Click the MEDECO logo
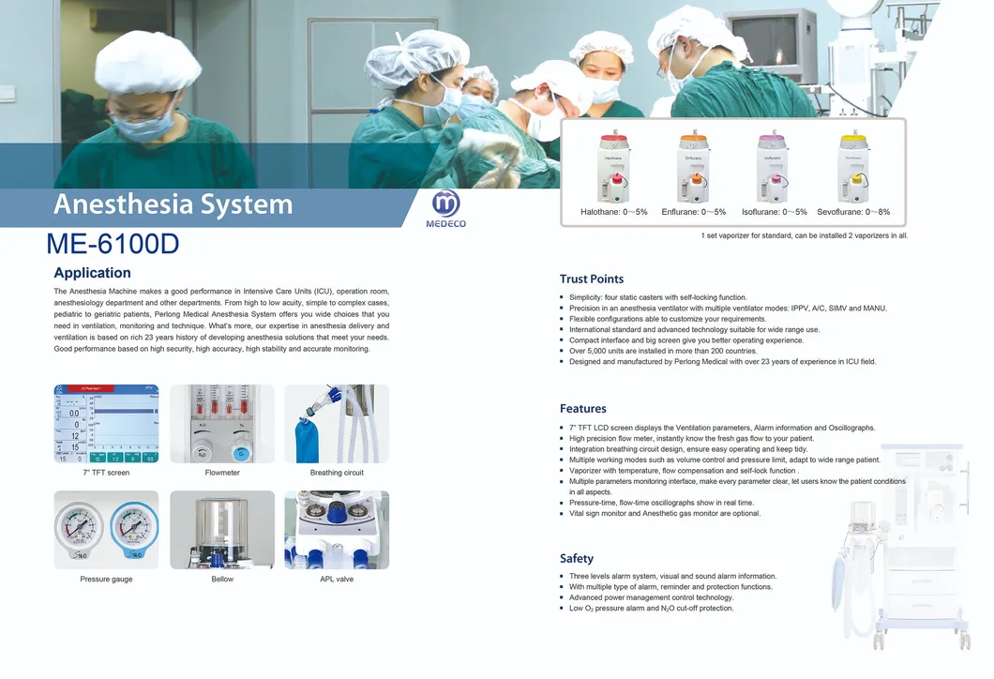(x=448, y=208)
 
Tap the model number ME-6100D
(x=113, y=244)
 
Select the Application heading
(x=92, y=273)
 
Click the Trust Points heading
(x=591, y=279)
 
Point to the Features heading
(x=582, y=409)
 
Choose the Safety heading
(x=576, y=558)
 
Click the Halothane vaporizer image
(x=614, y=168)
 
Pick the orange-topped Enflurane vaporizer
(x=694, y=168)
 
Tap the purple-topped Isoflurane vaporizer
(x=774, y=168)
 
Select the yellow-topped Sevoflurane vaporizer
(x=853, y=168)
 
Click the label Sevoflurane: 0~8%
(x=853, y=213)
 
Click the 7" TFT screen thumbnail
(x=106, y=424)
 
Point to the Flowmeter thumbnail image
(x=222, y=424)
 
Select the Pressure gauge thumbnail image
(x=106, y=530)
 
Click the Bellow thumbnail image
(x=222, y=530)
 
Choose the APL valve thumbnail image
(x=337, y=530)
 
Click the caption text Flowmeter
(x=222, y=473)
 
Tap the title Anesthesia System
(x=173, y=204)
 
